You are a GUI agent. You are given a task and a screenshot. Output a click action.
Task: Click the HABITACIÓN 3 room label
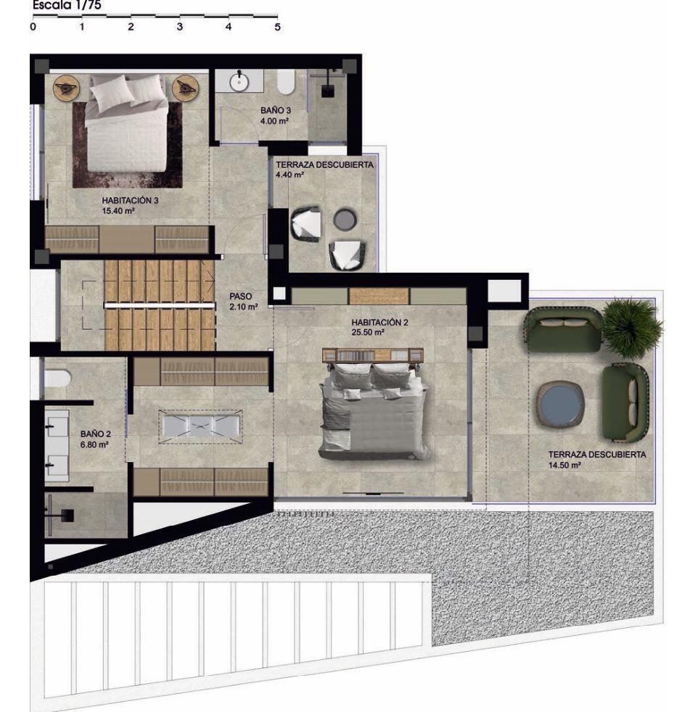[x=130, y=200]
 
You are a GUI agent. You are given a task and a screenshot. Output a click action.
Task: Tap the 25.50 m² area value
[x=368, y=332]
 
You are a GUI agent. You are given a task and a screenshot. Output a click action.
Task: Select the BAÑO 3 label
[x=276, y=110]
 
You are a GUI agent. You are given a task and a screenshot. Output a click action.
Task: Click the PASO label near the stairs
[x=241, y=296]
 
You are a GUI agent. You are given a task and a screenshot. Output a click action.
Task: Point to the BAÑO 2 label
[x=95, y=434]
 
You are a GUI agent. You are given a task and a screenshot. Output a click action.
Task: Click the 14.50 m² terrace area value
[x=564, y=465]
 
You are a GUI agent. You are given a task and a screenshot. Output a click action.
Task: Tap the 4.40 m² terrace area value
[x=289, y=174]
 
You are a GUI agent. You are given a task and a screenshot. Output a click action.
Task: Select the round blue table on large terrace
[x=559, y=404]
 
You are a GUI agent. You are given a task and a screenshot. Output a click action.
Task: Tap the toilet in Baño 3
[x=286, y=82]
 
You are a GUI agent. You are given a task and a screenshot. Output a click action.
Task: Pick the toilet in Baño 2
[x=57, y=377]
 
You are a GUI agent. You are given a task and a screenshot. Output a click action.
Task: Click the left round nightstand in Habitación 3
[x=67, y=87]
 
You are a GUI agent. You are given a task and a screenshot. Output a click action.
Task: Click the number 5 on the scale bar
[x=278, y=27]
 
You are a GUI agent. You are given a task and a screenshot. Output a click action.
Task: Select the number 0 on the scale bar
[x=33, y=27]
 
